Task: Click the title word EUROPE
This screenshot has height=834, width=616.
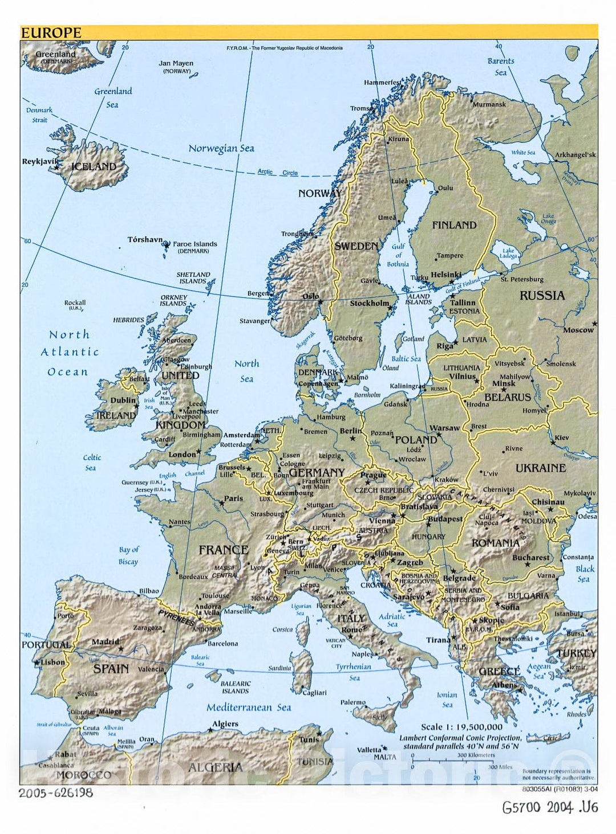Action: click(51, 33)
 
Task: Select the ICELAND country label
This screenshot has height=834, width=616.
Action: click(94, 167)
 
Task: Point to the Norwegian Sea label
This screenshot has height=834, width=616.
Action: click(221, 149)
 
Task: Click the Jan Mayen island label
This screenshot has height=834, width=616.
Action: click(176, 63)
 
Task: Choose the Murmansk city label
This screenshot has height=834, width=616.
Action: click(489, 104)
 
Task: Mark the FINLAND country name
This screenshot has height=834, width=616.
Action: click(454, 225)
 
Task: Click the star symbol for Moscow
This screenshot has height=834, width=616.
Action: click(595, 323)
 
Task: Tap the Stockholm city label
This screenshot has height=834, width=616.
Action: click(369, 304)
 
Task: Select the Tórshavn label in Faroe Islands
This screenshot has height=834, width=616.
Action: click(145, 240)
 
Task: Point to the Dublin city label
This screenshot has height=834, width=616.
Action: click(123, 400)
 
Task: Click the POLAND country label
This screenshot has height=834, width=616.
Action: click(416, 440)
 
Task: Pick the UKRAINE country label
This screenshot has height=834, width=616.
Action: click(540, 468)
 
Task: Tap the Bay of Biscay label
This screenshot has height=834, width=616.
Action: click(129, 556)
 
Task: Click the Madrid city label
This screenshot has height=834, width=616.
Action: click(106, 641)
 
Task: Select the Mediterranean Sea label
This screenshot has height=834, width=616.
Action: click(249, 708)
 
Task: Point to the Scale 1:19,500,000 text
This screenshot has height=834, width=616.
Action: click(461, 727)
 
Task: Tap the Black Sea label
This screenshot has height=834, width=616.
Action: click(585, 574)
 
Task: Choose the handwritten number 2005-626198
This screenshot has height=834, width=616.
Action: click(55, 792)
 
